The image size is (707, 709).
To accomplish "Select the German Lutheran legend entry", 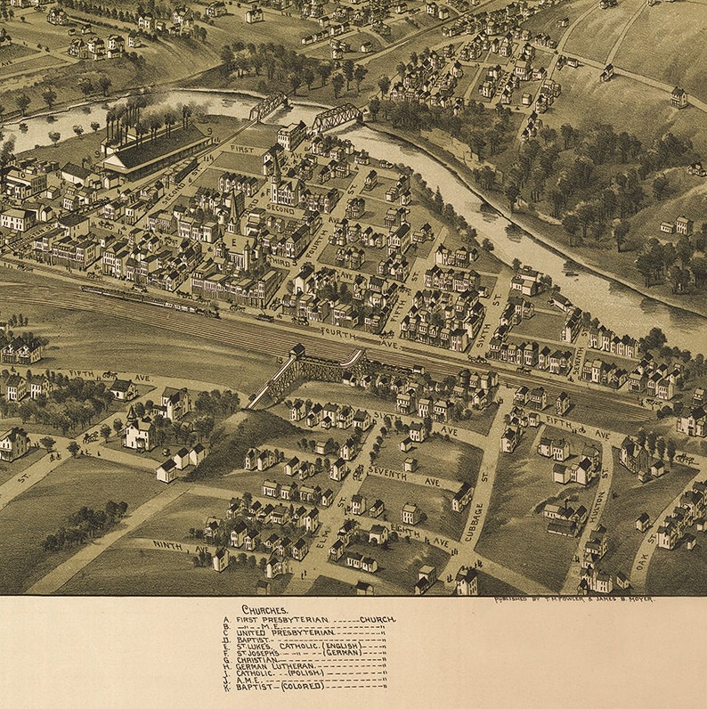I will click(x=280, y=664).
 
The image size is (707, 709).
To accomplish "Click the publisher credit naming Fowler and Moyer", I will click(x=574, y=600).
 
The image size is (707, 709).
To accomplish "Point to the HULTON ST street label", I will click(x=601, y=508).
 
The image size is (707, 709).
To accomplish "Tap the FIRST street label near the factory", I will click(x=241, y=149).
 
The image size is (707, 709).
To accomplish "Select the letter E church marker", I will click(x=236, y=242).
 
